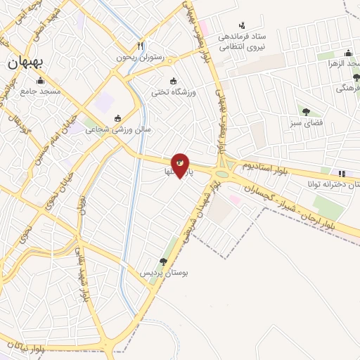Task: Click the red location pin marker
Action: [x=180, y=165]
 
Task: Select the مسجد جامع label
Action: [x=41, y=92]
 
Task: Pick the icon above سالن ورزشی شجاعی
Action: [x=117, y=117]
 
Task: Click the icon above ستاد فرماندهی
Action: [x=243, y=25]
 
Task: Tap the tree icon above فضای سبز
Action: [x=305, y=111]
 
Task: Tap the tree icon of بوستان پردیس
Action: [x=163, y=262]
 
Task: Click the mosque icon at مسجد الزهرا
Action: [x=347, y=53]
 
